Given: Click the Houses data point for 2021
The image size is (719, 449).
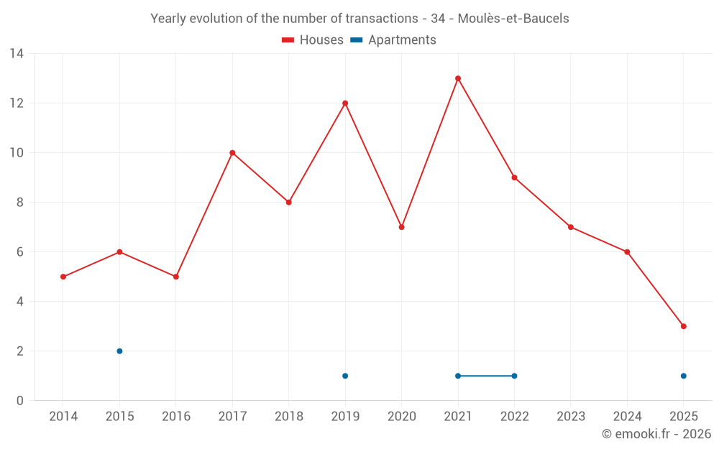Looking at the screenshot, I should point(458,78).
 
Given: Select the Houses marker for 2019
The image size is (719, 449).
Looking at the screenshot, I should point(345,103).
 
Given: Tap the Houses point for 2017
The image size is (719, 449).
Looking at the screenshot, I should point(232,153).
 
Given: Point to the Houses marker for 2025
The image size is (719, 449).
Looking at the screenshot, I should point(683,326).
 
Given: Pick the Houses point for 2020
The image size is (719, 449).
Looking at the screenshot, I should point(401,227).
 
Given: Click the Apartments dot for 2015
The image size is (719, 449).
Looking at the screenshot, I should point(119,351).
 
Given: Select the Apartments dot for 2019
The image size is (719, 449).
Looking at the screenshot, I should point(345,376).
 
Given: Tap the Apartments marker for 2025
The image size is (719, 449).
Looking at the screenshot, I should point(683,376).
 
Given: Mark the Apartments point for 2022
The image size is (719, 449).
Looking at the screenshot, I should point(514,376).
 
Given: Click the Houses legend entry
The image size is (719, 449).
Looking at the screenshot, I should point(313,40).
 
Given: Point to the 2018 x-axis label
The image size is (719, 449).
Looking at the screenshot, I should point(288,417).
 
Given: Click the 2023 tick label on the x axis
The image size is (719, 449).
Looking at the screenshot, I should point(571,417).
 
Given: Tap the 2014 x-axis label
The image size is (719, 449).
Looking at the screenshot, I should point(63,417).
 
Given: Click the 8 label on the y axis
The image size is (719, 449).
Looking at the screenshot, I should point(20,203).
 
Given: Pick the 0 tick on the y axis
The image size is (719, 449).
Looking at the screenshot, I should point(20,401).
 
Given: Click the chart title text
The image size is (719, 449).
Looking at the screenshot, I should point(359,19).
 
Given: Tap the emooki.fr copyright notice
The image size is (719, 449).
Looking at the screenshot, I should point(656,434).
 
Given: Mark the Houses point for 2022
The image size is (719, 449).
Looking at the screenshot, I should point(514,177).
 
